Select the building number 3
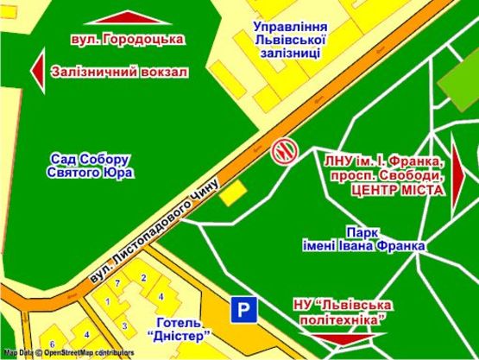(124, 325)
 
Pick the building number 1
(107, 302)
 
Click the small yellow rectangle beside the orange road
(230, 195)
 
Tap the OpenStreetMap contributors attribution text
(83, 353)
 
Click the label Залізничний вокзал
(119, 71)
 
